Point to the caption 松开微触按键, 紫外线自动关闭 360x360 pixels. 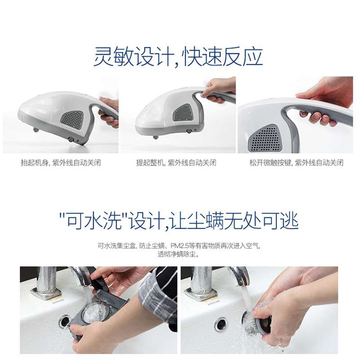297,163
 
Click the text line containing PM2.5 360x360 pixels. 179,246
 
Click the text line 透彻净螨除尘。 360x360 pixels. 179,254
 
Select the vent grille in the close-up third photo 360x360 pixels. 265,138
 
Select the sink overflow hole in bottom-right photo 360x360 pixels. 220,324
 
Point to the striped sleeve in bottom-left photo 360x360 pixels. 160,292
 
